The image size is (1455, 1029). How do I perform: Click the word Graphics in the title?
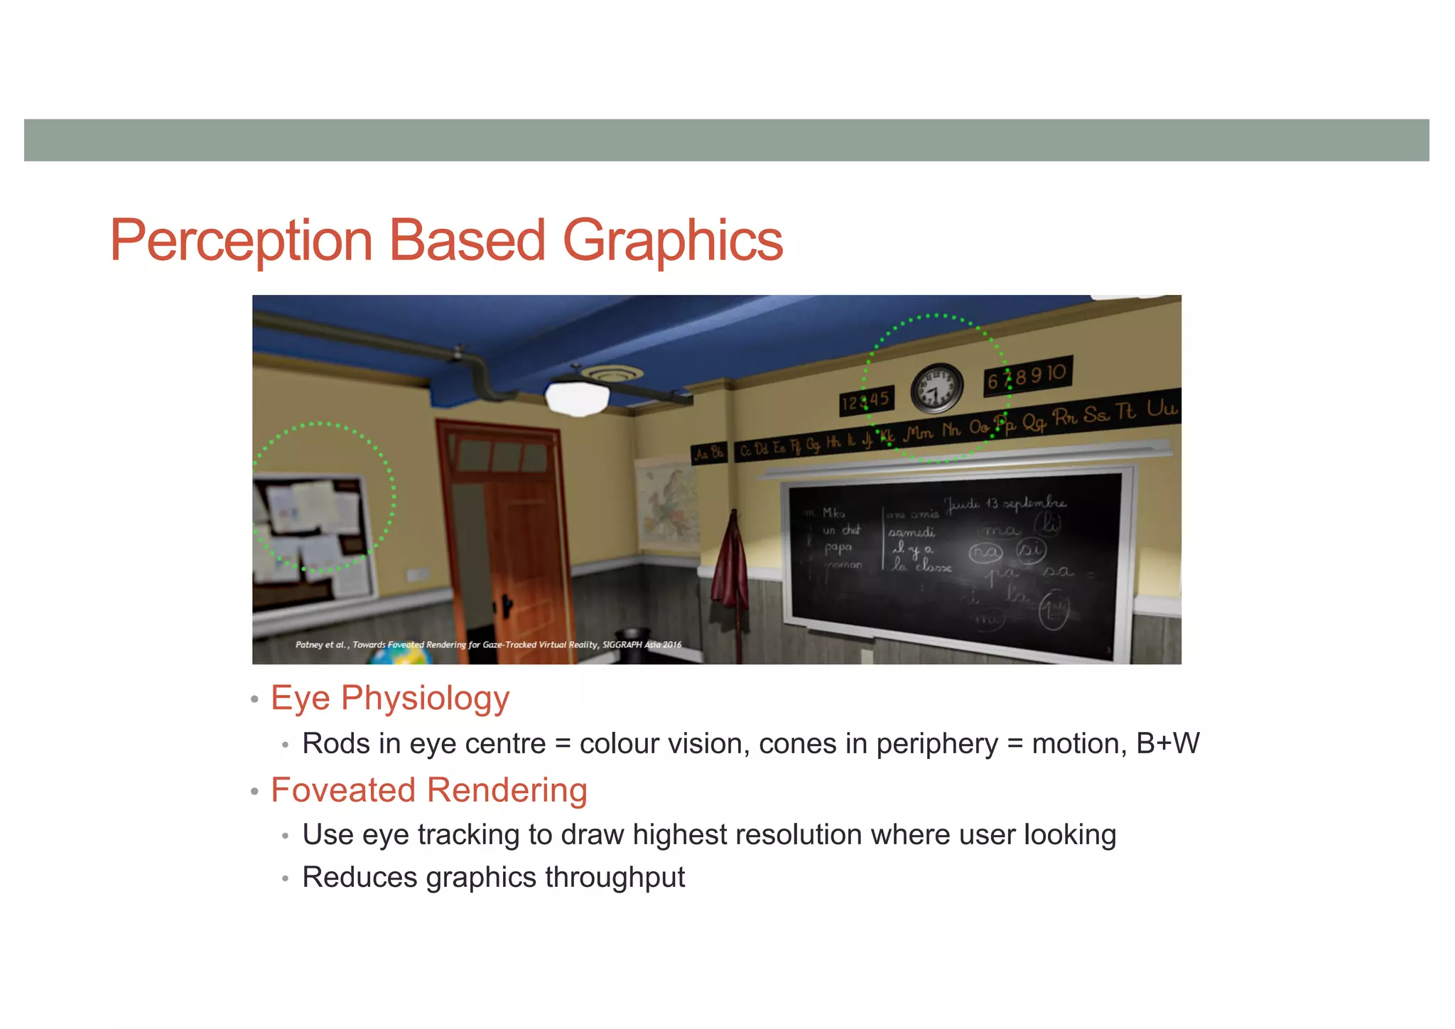coord(672,242)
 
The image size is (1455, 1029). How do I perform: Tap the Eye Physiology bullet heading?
coord(390,698)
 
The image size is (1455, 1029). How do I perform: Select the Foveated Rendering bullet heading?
coord(429,790)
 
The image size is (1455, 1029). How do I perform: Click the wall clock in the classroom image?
coord(936,389)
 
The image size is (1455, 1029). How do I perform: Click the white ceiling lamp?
coord(577,399)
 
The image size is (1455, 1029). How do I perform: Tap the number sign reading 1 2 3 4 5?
coord(865,401)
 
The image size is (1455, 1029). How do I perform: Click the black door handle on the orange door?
coord(507,606)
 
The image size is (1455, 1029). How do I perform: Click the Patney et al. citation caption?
coord(488,645)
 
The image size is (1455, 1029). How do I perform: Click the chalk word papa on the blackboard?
coord(838,548)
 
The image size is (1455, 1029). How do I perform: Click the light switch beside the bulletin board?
coord(416,574)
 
